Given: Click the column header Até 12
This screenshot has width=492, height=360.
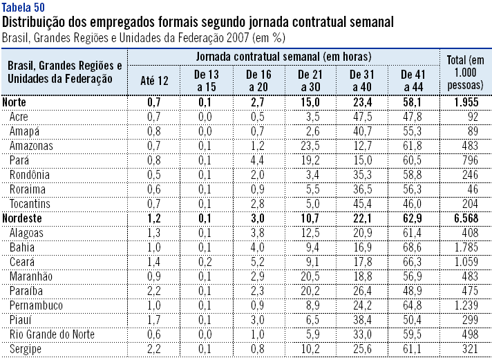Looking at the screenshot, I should click(153, 81).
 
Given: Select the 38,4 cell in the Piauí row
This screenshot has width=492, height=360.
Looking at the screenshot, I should click(362, 320).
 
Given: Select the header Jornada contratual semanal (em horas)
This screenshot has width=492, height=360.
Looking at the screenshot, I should click(283, 55).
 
